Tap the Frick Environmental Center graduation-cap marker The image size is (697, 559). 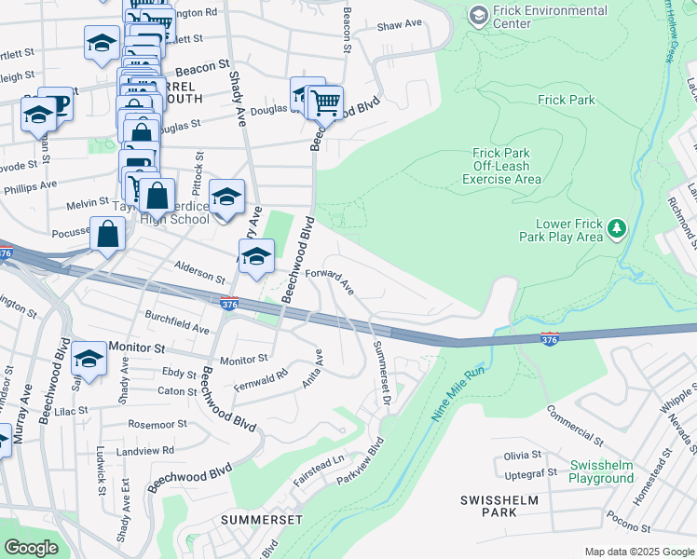coord(479,16)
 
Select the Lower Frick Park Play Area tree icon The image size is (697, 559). coord(616,228)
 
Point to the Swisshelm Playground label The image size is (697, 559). coord(601,471)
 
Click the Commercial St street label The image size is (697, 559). coord(574,424)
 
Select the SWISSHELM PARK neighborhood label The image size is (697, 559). coord(499,506)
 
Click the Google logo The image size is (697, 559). coord(31,548)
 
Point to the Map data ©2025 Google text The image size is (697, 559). coord(639,552)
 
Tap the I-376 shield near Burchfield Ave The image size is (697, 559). coord(229,304)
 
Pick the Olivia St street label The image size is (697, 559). coord(523,456)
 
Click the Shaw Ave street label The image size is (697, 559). coord(400,25)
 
